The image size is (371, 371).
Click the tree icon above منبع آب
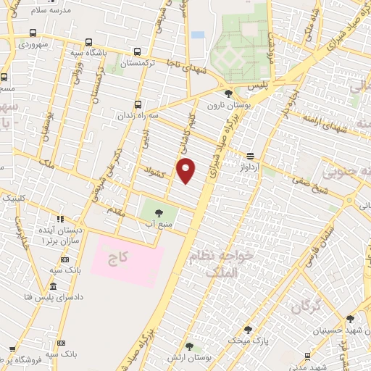[159, 212]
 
